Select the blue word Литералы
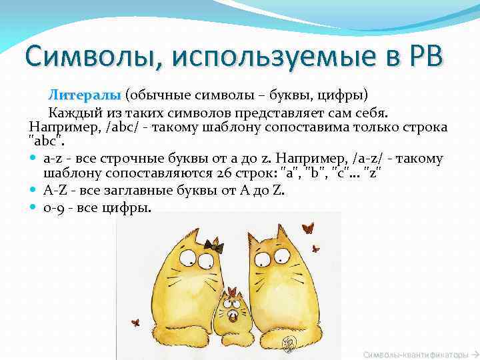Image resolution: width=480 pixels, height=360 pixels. pyautogui.click(x=84, y=95)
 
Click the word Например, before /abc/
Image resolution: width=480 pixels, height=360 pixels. pyautogui.click(x=58, y=127)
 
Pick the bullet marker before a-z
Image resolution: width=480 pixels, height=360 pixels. pyautogui.click(x=34, y=159)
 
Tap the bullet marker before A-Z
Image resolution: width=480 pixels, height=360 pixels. pyautogui.click(x=34, y=191)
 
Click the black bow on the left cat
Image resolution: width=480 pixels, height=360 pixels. pyautogui.click(x=213, y=246)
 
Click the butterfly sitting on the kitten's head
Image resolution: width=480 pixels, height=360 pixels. pyautogui.click(x=232, y=291)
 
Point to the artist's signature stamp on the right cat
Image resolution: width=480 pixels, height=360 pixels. pyautogui.click(x=287, y=343)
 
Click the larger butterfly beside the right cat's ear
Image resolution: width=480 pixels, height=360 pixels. pyautogui.click(x=308, y=229)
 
